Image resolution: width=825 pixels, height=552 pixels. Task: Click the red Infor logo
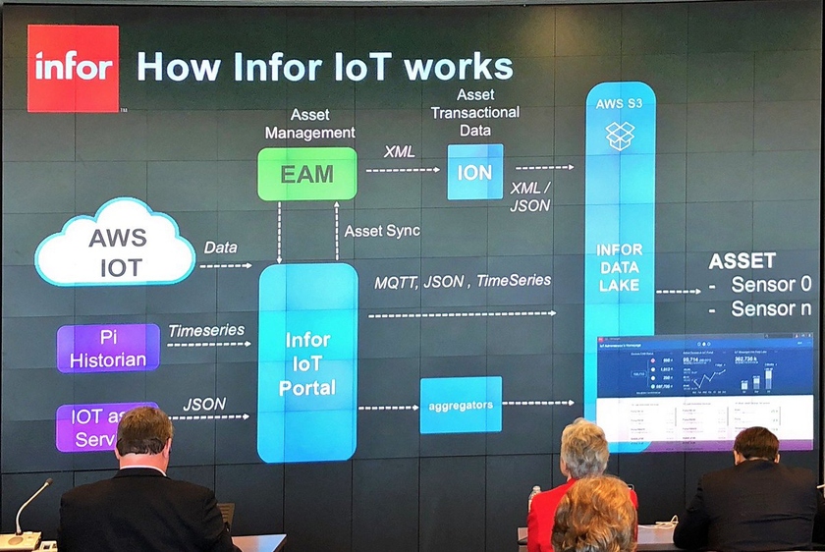(73, 68)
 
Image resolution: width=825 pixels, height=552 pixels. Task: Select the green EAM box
(306, 174)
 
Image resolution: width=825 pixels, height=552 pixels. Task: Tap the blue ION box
(475, 172)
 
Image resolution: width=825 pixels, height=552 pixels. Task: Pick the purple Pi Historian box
(108, 348)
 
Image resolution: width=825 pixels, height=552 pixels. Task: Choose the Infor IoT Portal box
(307, 362)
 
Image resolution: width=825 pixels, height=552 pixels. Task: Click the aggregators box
(461, 404)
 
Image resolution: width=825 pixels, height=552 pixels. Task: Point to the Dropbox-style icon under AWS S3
(619, 136)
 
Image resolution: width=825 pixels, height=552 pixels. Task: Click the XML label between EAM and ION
(398, 152)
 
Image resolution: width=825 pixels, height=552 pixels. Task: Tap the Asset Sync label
(382, 231)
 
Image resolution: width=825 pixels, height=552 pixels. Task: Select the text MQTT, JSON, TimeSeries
(462, 281)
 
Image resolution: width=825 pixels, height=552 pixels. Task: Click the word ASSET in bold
(742, 261)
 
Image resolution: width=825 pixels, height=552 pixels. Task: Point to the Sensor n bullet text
(771, 308)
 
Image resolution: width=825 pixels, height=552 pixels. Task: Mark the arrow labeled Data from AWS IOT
(226, 265)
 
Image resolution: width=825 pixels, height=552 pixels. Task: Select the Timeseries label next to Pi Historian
(206, 331)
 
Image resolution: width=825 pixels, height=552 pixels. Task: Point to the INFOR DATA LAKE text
(619, 267)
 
